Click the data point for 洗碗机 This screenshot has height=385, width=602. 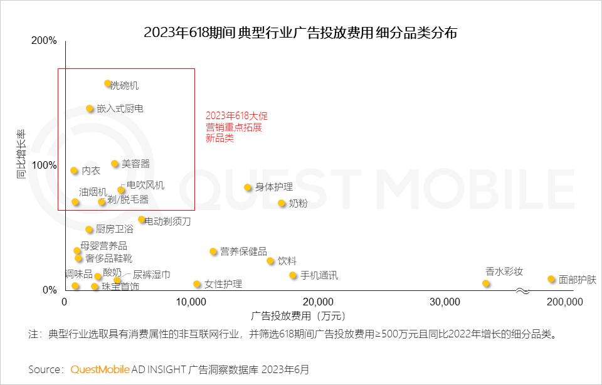pos(108,83)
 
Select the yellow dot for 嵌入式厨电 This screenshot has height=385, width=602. pos(90,108)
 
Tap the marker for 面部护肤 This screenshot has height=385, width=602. pos(551,279)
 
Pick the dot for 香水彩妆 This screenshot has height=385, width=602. pos(486,283)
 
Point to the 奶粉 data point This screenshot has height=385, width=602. pos(282,203)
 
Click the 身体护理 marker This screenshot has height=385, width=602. pos(248,187)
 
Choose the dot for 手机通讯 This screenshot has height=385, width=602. pos(293,275)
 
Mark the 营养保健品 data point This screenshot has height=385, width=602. pos(213,251)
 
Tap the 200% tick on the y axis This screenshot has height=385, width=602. pos(44,41)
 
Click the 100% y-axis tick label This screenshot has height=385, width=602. pos(44,165)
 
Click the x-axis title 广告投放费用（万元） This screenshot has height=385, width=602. pos(298,315)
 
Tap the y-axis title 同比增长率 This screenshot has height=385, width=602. pos(21,155)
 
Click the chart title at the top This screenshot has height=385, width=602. pos(300,33)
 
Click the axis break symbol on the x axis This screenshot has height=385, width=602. pos(522,291)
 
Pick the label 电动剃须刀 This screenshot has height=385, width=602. pos(167,221)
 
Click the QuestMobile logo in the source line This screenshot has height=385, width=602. pos(100,369)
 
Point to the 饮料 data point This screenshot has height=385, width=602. pos(270,261)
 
